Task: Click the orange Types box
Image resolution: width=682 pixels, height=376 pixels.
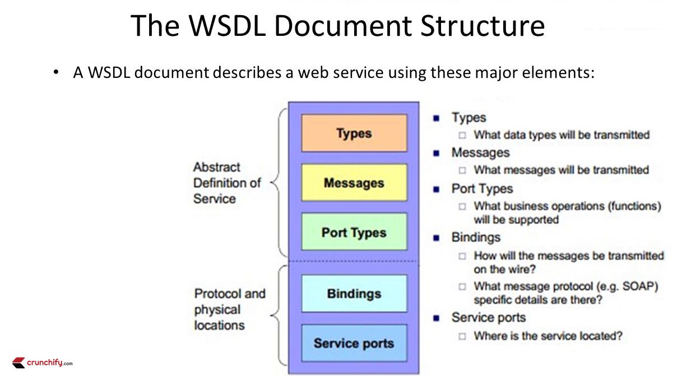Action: coord(354,133)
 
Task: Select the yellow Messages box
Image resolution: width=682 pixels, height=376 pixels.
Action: coord(354,183)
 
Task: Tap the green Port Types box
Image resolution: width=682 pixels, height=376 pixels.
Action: coord(354,232)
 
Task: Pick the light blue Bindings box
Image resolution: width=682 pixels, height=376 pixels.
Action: coord(354,294)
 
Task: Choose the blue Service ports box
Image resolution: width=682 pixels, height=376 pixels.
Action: coord(354,343)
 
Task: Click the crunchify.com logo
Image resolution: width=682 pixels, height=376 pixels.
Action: coord(43,363)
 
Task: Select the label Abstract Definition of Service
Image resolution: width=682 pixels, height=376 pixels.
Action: coord(227,183)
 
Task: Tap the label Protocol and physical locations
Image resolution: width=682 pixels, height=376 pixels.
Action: coord(230,309)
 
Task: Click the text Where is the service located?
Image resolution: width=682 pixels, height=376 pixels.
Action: coord(548,336)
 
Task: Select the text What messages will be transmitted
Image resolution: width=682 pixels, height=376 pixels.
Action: coord(561,170)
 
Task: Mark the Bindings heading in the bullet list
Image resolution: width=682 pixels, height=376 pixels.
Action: coord(476,237)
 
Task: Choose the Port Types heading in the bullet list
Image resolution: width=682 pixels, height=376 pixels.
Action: coord(482,189)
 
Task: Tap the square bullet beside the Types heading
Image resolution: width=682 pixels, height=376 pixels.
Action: coord(436,118)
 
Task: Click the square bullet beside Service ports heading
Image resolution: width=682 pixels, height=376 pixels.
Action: coord(436,318)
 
